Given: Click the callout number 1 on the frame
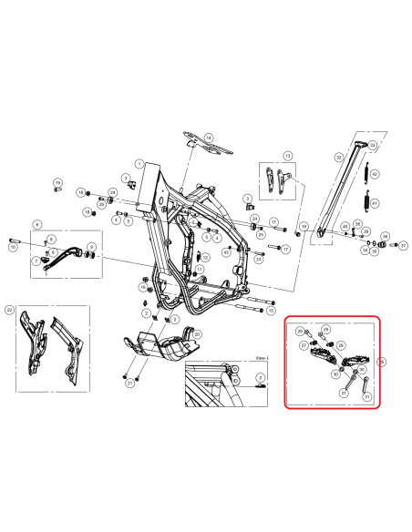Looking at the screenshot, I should click(139, 163).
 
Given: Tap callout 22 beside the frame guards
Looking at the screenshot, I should click(10, 310).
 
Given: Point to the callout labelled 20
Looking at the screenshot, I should click(197, 335).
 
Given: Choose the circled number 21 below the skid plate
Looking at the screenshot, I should click(129, 384).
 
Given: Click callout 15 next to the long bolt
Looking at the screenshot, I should click(271, 310).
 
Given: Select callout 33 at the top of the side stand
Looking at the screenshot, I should click(372, 145).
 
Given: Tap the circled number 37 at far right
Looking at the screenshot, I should click(403, 245).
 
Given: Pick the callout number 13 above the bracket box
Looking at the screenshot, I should click(289, 156).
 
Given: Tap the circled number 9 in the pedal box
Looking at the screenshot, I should click(91, 247).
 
